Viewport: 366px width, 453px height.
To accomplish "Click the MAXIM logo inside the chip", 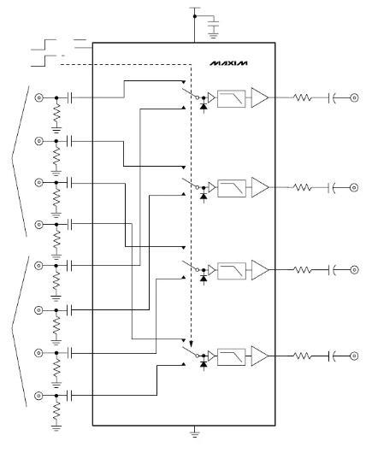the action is pos(228,63).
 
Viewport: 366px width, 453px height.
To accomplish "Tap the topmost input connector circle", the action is pos(38,97).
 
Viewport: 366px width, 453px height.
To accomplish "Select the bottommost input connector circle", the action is pos(38,396).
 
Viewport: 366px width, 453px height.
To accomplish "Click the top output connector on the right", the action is pos(354,97).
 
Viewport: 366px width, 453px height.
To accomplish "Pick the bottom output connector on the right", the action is pos(354,356).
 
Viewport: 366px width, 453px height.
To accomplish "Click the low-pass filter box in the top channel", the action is pos(231,99).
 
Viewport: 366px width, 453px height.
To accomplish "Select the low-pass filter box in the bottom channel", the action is pos(231,357).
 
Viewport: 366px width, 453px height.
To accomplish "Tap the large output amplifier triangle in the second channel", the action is pos(260,187).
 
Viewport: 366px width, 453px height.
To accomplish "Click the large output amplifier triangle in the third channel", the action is pos(260,270).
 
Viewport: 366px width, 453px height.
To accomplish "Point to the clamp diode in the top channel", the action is pos(204,106).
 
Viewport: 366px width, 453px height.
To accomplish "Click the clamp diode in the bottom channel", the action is pos(204,364).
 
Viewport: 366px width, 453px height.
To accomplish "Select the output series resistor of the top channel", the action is pos(303,97).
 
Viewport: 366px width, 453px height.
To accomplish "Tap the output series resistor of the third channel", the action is pos(303,270).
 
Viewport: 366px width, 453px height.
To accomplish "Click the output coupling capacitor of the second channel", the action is pos(332,187).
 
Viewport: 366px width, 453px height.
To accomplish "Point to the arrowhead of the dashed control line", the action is pos(191,344).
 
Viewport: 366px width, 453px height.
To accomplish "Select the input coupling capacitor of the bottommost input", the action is pos(69,396).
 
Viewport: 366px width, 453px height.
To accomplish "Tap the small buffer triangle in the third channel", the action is pos(211,270).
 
